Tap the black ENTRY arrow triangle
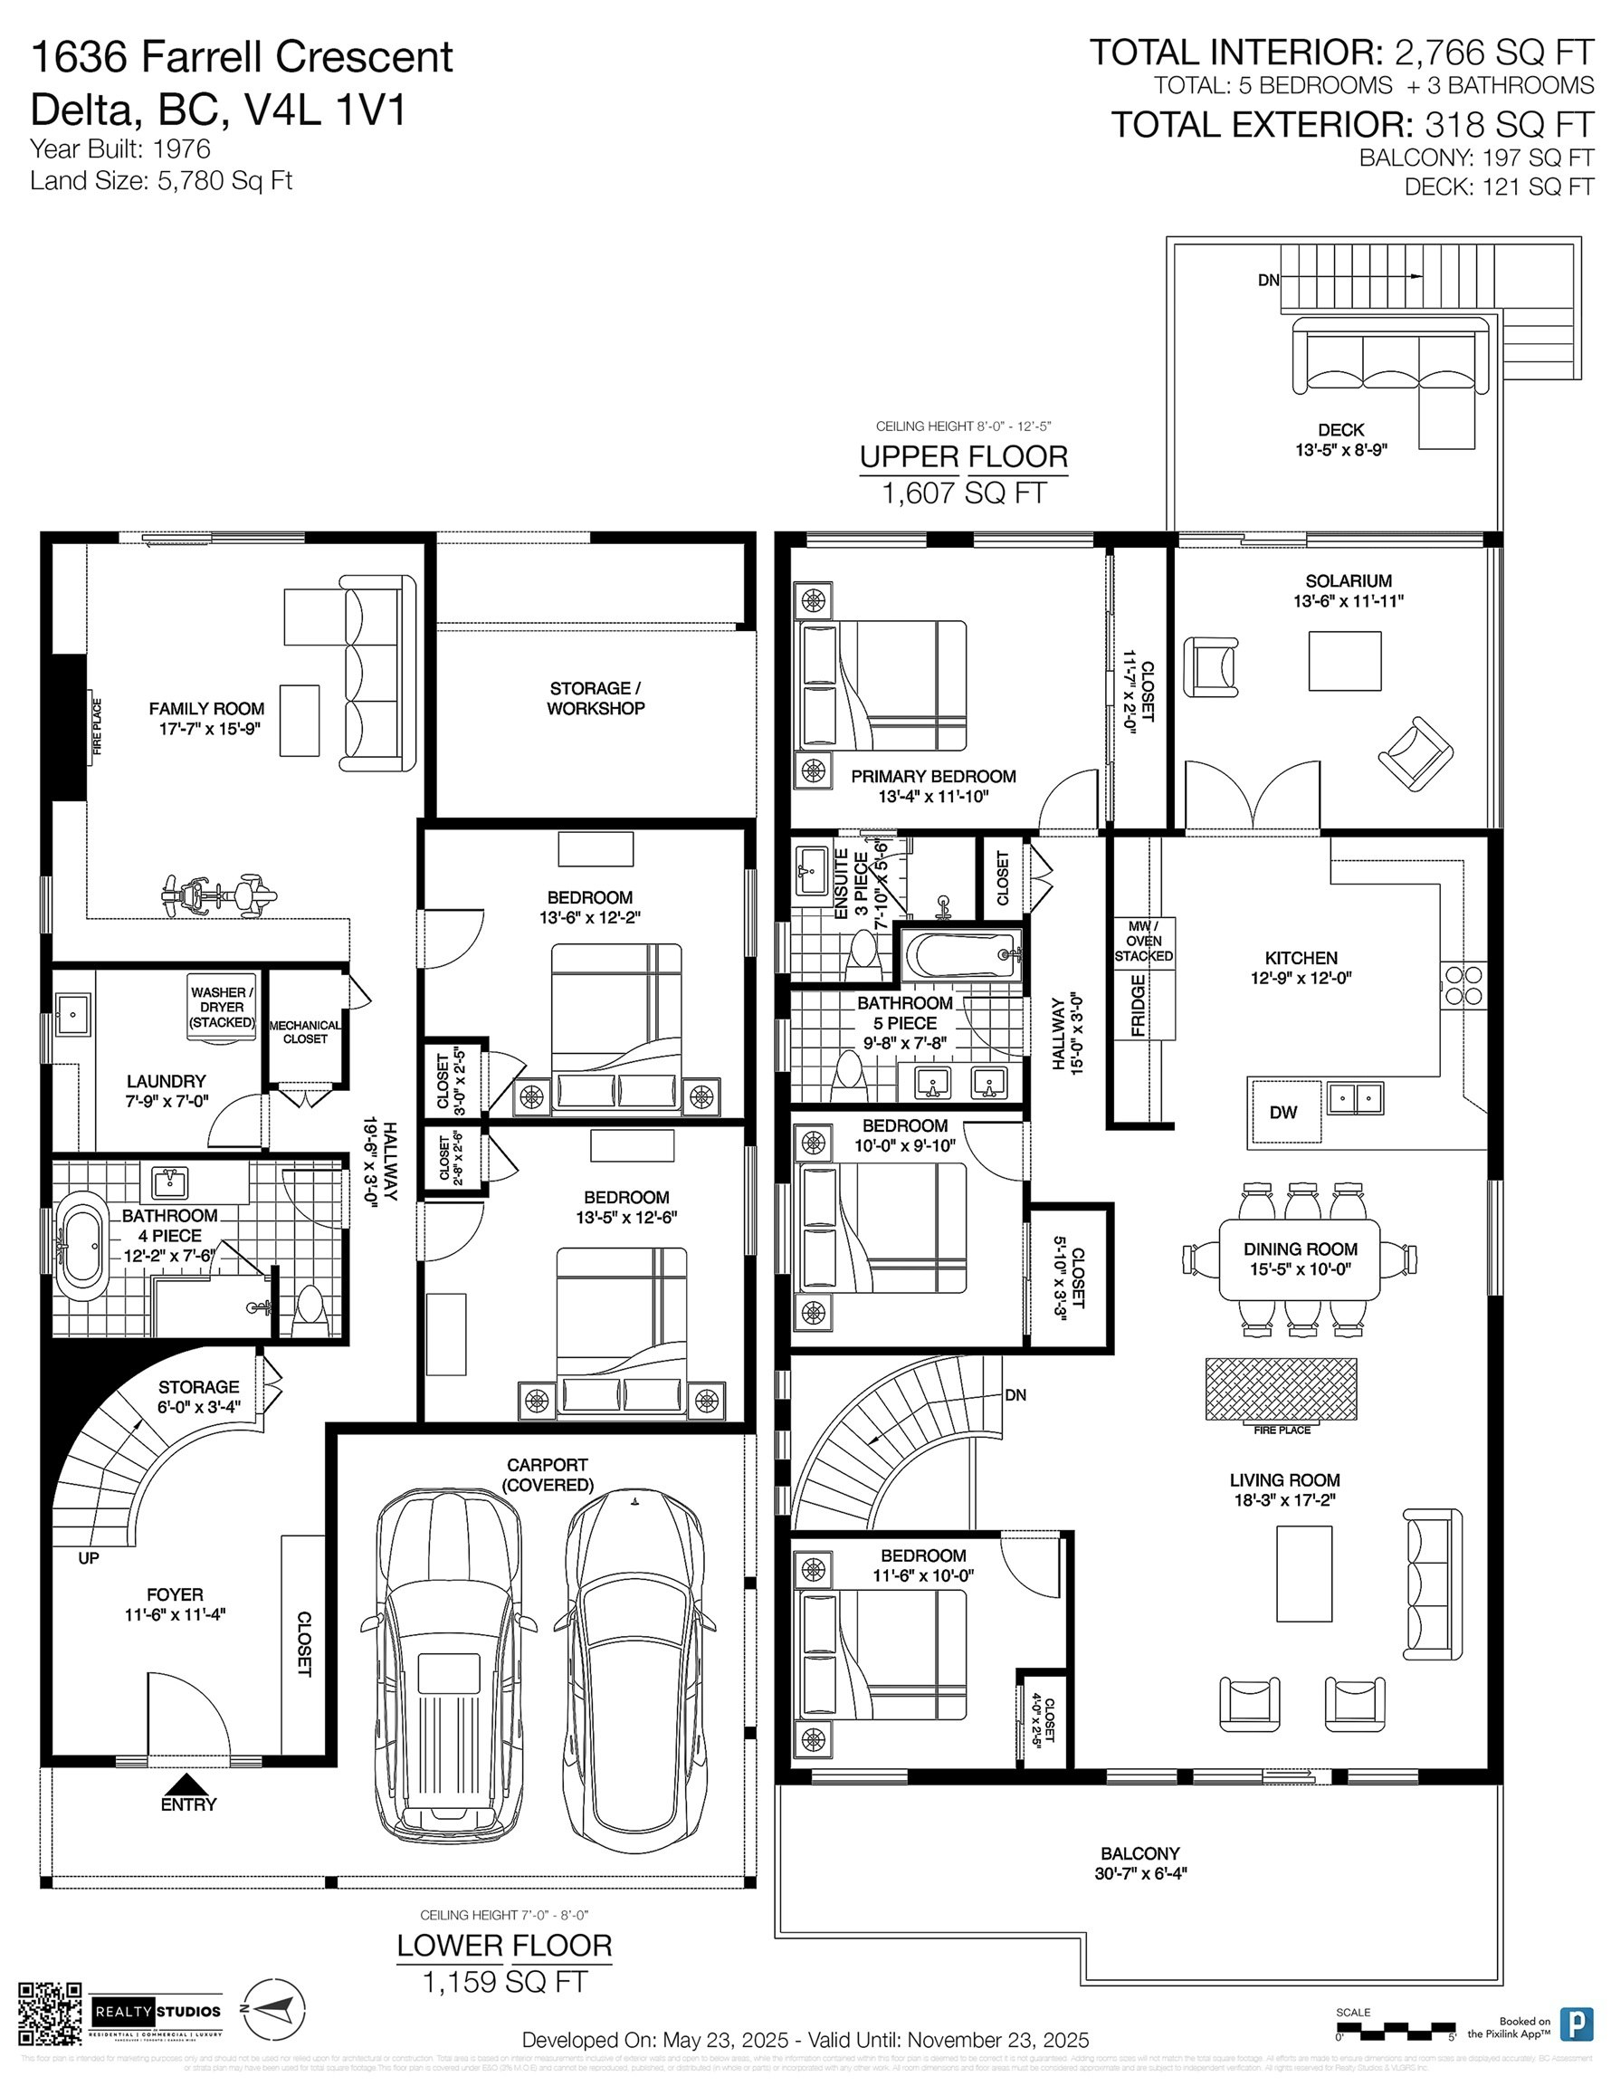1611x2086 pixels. tap(189, 1785)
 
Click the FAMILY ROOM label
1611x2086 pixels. tap(206, 709)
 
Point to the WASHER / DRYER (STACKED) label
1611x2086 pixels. tap(222, 1007)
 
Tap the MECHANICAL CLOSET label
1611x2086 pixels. tap(305, 1031)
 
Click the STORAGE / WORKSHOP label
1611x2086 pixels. tap(595, 698)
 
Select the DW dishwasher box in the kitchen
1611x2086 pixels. tap(1283, 1112)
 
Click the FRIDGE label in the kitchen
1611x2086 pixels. tap(1139, 1005)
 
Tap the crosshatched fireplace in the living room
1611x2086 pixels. tap(1281, 1389)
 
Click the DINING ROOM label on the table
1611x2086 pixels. tap(1300, 1249)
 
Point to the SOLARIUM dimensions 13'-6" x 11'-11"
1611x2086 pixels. tap(1349, 602)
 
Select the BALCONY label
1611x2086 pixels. tap(1140, 1853)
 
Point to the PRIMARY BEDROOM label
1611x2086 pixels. tap(933, 777)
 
